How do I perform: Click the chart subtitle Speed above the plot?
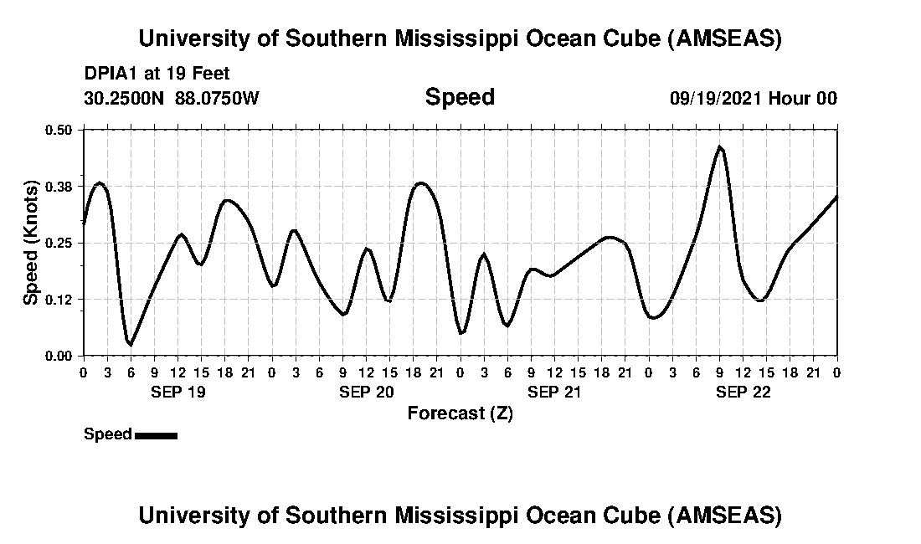[460, 97]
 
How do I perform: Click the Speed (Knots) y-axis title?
[30, 243]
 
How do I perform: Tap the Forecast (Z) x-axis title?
[460, 413]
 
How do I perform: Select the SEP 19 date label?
[178, 392]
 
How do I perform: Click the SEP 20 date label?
[366, 392]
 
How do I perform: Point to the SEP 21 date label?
[554, 392]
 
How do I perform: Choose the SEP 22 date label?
[743, 392]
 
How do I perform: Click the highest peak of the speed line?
[719, 146]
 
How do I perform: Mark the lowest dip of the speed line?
[130, 344]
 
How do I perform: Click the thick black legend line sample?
[156, 435]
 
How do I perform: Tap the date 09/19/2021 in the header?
[716, 99]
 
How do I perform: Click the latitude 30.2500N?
[125, 99]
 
